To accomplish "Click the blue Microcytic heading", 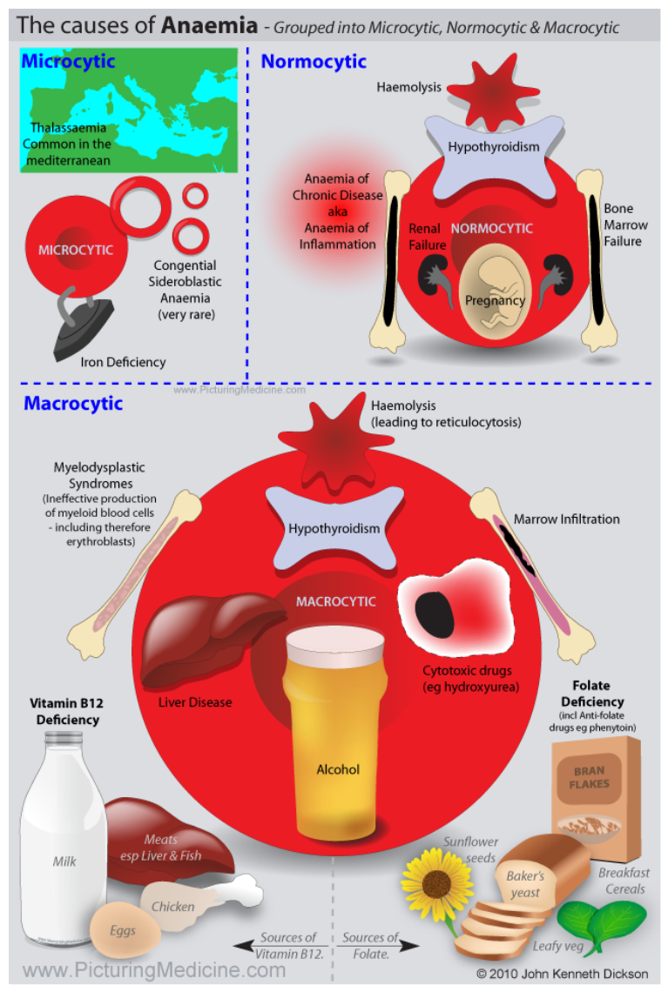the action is [69, 62].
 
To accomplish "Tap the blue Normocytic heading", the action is [314, 62].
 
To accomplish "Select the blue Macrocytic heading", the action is [73, 403].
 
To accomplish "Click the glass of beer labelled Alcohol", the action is [335, 727].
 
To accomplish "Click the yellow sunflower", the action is [435, 883].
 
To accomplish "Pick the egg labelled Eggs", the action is [125, 930].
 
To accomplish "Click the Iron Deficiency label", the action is [123, 363].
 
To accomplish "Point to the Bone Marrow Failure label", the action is [625, 225].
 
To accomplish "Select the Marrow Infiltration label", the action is [567, 519].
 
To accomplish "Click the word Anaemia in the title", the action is [210, 25].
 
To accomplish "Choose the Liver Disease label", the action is [195, 702].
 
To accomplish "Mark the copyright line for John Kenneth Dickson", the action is [563, 974].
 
